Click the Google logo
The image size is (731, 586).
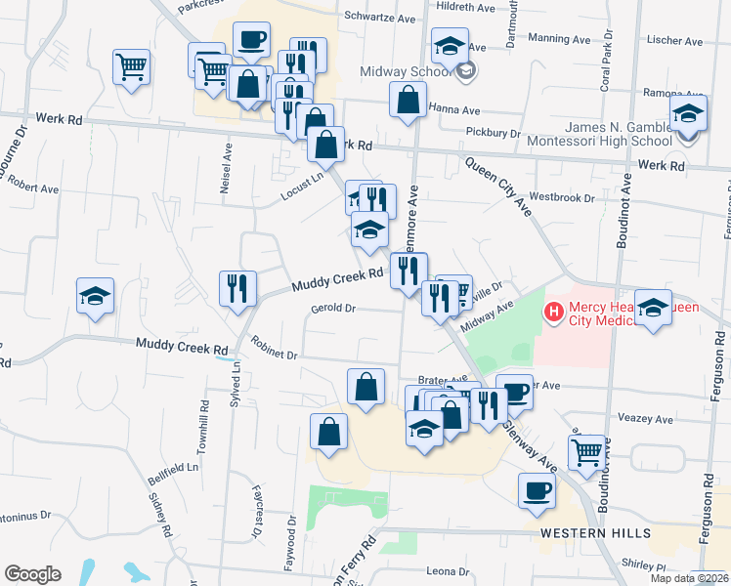(32, 574)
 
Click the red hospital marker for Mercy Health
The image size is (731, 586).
(554, 313)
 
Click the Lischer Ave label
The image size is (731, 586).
(675, 42)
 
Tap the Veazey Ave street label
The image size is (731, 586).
(646, 419)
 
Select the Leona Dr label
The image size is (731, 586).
(450, 571)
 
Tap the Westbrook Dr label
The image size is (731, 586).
(562, 198)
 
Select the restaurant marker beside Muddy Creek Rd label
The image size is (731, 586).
(237, 287)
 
